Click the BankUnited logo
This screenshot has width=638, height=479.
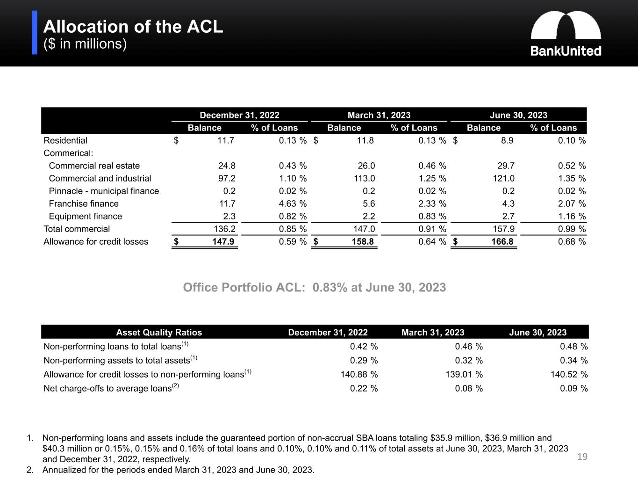(x=566, y=34)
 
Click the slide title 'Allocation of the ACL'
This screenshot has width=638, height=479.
(x=133, y=27)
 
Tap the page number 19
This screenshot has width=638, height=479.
(x=582, y=457)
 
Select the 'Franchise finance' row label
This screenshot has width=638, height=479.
(x=84, y=203)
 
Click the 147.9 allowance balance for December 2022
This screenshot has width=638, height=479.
(x=223, y=241)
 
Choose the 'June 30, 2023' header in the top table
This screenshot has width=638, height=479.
(x=518, y=115)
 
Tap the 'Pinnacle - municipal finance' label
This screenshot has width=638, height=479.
(x=104, y=191)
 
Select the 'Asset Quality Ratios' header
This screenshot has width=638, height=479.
(x=159, y=332)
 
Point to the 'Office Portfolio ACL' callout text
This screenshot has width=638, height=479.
(x=315, y=287)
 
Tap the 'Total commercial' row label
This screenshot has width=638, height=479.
(x=77, y=229)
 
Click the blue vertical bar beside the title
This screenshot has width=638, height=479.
(x=35, y=33)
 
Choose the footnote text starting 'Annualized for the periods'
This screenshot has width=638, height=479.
(x=178, y=470)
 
